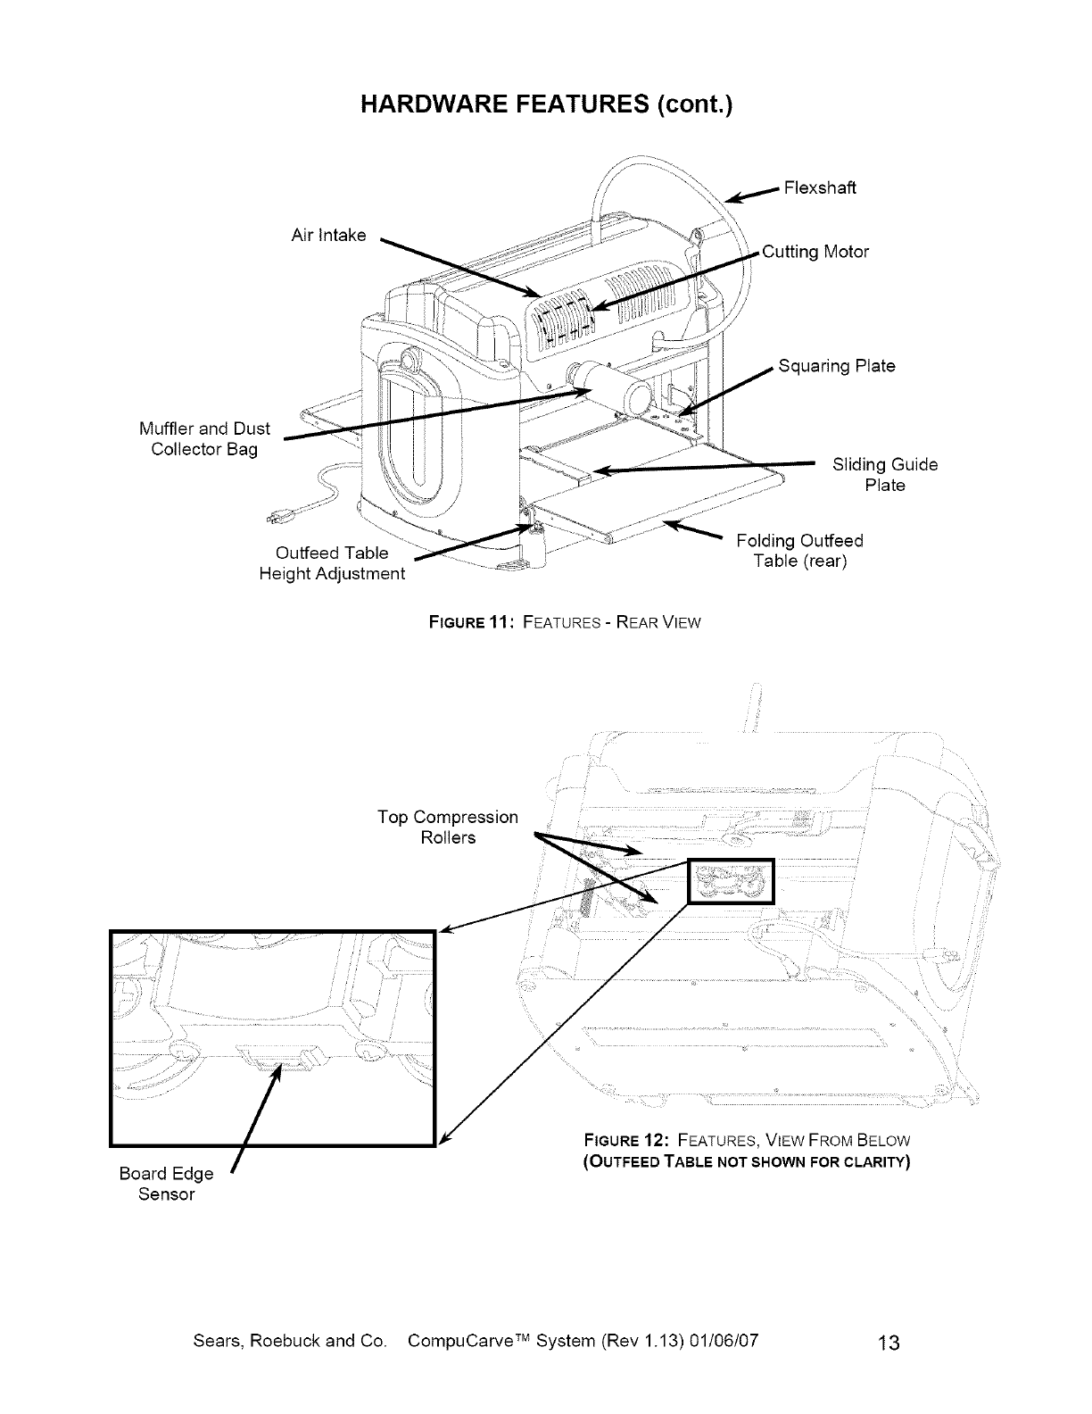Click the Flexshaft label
(819, 187)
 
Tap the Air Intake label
(328, 235)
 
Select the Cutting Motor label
(815, 252)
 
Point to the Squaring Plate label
(836, 366)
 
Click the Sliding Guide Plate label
(884, 475)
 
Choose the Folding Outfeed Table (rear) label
(799, 551)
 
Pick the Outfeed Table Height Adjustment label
(331, 563)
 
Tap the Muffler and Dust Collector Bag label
(204, 438)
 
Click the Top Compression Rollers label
(447, 828)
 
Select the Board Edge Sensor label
(166, 1184)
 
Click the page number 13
(888, 1343)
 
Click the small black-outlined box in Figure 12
(732, 882)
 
